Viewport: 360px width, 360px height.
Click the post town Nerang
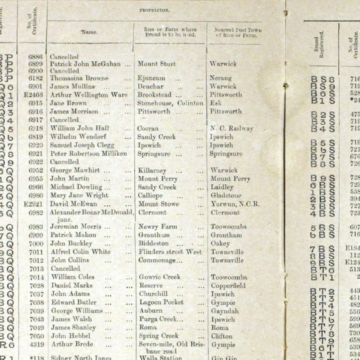tap(220, 78)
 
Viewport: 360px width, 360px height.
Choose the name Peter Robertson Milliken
tap(88, 153)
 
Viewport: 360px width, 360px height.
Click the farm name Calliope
tap(150, 196)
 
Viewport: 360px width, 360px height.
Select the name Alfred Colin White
tap(80, 252)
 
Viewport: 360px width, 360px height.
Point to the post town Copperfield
tap(228, 286)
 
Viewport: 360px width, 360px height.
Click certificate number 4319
tap(36, 344)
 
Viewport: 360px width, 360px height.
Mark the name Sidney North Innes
tap(81, 358)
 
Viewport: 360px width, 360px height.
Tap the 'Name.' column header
tap(90, 32)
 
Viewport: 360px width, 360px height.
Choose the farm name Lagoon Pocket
tap(161, 302)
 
